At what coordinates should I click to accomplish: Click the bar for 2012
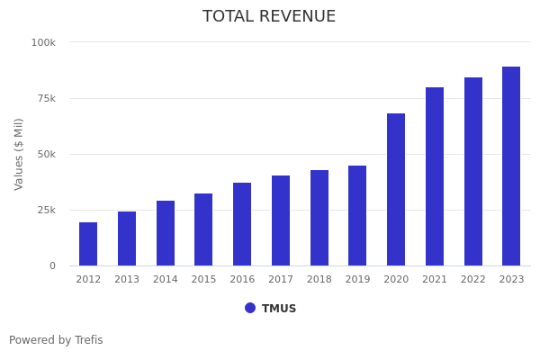coord(88,244)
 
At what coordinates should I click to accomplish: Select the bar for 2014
coord(166,233)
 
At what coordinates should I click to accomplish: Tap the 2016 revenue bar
coord(242,224)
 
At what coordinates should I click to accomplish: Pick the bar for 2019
coord(357,216)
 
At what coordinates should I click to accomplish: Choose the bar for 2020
coord(396,190)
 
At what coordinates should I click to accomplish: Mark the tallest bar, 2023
coord(511,166)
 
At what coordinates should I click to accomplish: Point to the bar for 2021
coord(435,176)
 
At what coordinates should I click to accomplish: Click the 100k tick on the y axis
coord(43,42)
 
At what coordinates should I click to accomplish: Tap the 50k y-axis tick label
coord(46,154)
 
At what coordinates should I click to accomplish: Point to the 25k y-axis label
coord(46,210)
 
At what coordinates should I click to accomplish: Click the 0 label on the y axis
coord(52,265)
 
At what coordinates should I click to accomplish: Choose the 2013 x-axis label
coord(127,280)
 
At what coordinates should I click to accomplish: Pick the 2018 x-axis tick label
coord(319,280)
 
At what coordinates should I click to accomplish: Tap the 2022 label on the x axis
coord(473,280)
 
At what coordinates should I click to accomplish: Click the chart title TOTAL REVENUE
coord(269,17)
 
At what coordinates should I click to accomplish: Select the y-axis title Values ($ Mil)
coord(19,154)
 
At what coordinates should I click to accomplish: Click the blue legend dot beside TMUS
coord(250,308)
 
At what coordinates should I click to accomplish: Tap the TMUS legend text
coord(279,309)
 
